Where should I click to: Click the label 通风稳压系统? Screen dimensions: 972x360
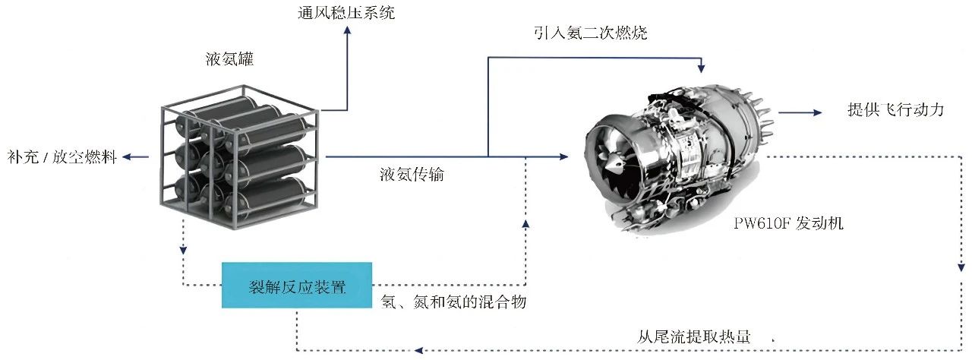[x=346, y=13]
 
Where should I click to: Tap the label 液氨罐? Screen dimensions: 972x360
[x=229, y=59]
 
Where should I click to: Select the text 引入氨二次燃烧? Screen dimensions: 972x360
[x=591, y=33]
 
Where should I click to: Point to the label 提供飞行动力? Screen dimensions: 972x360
[x=895, y=109]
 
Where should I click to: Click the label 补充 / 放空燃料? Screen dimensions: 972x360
[x=62, y=156]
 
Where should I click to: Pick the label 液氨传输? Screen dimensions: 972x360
[x=412, y=175]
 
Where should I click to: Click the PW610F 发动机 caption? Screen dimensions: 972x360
[x=788, y=223]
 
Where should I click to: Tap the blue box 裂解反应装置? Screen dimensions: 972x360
[x=297, y=286]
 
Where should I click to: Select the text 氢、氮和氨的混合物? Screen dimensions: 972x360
[x=453, y=302]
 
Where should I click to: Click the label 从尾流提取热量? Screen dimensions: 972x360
[x=693, y=336]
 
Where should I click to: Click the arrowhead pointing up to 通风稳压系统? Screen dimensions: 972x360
[x=347, y=30]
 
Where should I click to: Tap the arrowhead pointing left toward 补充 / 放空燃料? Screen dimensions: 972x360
[x=127, y=157]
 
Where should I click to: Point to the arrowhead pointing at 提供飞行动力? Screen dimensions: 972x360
[x=818, y=112]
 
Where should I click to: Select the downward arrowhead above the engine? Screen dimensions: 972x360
[x=701, y=68]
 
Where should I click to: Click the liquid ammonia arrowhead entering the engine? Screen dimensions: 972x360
[x=563, y=156]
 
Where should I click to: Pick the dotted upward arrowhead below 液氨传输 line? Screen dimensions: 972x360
[x=525, y=224]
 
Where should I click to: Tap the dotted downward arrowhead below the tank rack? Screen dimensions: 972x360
[x=183, y=250]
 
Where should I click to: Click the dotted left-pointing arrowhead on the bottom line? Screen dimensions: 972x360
[x=418, y=350]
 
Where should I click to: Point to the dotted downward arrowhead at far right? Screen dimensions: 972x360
[x=961, y=267]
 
